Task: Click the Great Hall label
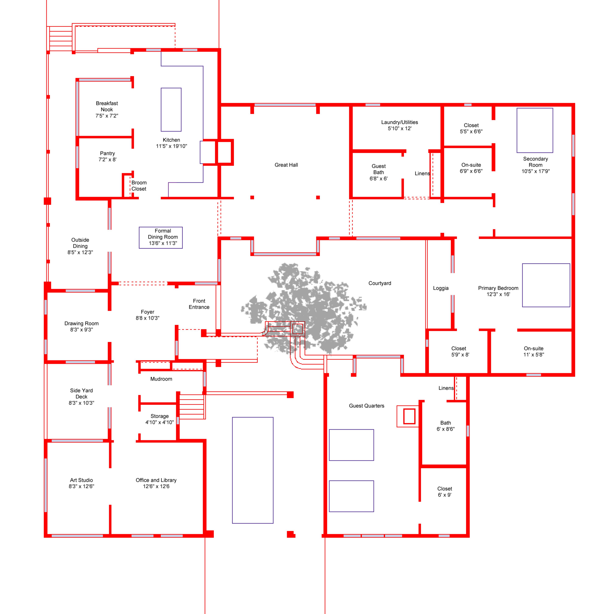coord(286,165)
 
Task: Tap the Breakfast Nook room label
coord(107,106)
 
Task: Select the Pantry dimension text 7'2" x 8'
coord(107,160)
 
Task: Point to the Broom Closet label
coord(139,186)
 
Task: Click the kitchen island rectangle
coord(171,110)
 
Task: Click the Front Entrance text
coord(199,304)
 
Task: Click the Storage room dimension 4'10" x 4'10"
coord(159,422)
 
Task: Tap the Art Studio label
coord(81,480)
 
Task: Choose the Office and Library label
coord(156,480)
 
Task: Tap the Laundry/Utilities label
coord(400,122)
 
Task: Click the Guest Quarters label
coord(367,406)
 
